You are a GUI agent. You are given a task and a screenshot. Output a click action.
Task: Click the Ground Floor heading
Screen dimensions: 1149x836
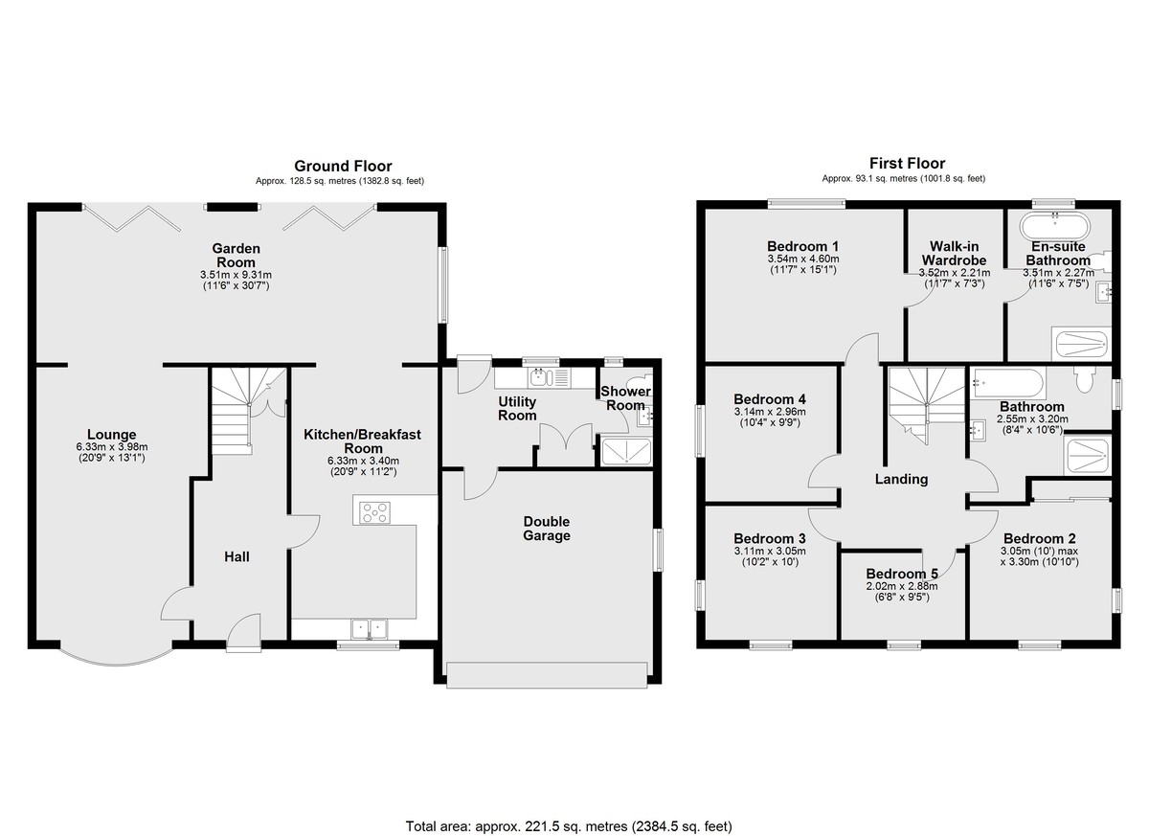pyautogui.click(x=343, y=167)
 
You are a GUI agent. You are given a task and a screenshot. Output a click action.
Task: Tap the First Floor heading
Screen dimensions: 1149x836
pyautogui.click(x=907, y=164)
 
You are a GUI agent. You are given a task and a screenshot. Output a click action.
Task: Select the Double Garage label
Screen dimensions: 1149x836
pyautogui.click(x=547, y=529)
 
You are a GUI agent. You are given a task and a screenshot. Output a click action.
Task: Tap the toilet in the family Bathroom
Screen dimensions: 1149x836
pyautogui.click(x=1084, y=380)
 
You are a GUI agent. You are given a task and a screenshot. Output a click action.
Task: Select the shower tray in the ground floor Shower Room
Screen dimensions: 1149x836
pyautogui.click(x=626, y=451)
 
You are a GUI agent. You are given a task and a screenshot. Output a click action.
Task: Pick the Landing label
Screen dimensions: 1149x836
pyautogui.click(x=901, y=479)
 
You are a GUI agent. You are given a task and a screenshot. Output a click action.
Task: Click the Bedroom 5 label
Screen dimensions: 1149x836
pyautogui.click(x=902, y=574)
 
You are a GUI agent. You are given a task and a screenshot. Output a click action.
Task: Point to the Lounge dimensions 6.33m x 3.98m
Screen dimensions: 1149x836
pyautogui.click(x=112, y=446)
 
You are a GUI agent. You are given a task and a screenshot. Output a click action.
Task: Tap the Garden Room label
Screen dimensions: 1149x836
pyautogui.click(x=236, y=256)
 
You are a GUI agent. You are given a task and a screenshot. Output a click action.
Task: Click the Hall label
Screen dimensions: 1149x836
pyautogui.click(x=237, y=556)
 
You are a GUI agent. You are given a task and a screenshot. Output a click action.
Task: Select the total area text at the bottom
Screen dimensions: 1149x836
pyautogui.click(x=569, y=812)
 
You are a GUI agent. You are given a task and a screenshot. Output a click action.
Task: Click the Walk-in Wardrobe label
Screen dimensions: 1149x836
pyautogui.click(x=954, y=253)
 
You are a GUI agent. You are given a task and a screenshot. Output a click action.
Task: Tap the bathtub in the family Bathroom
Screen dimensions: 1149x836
pyautogui.click(x=1008, y=383)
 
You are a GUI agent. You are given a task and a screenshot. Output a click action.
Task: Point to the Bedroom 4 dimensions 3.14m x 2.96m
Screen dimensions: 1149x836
pyautogui.click(x=770, y=412)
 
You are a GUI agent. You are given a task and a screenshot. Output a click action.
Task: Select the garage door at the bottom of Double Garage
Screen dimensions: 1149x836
pyautogui.click(x=547, y=675)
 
